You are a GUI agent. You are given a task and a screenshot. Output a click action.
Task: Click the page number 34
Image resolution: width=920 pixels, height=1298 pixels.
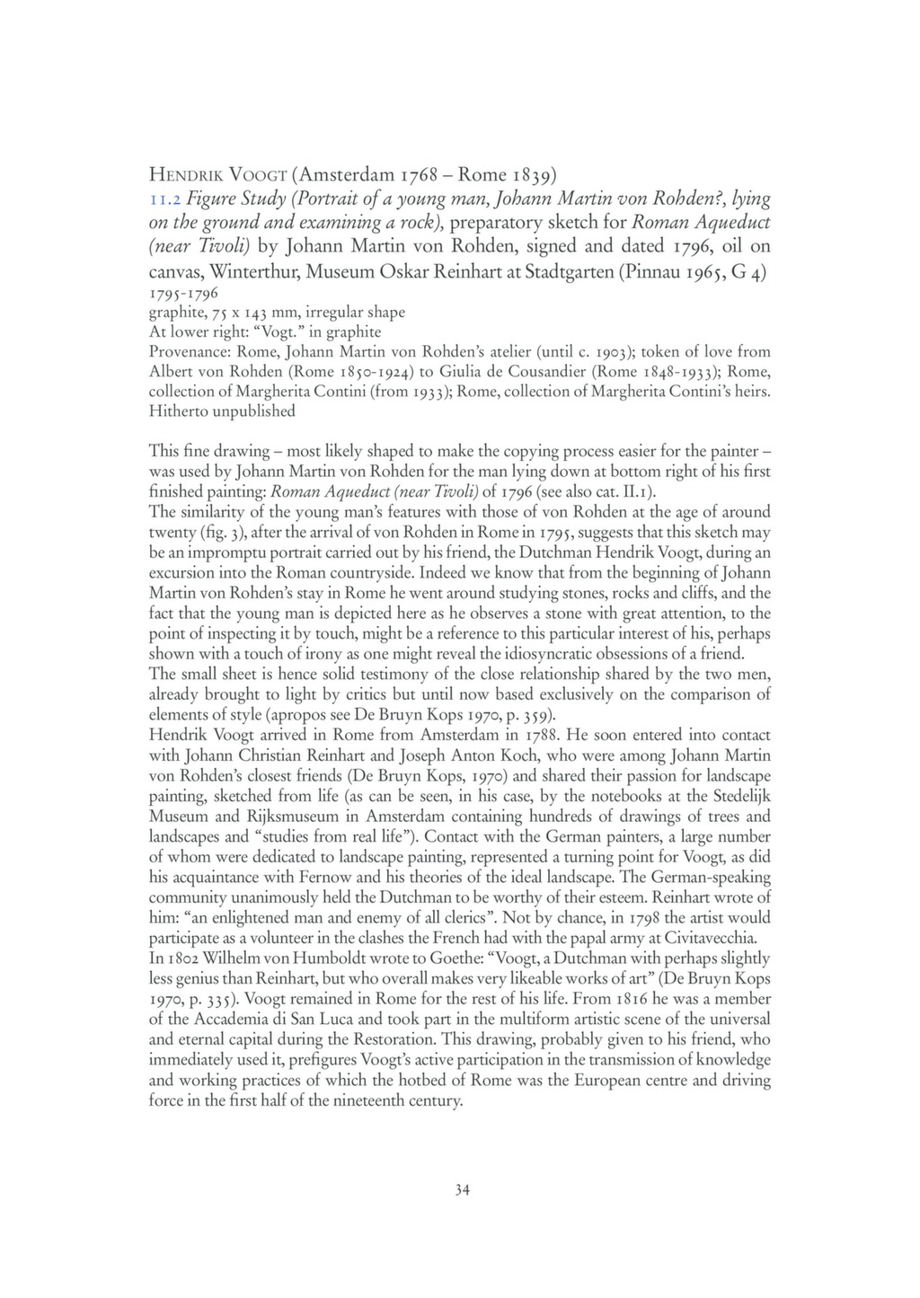tap(461, 1190)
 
